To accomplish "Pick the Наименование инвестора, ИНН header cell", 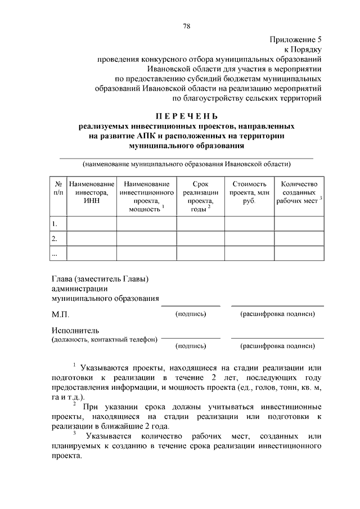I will pos(92,193).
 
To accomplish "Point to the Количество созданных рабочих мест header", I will pos(299,193).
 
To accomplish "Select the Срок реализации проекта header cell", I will pos(200,197).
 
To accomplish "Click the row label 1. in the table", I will pos(55,224).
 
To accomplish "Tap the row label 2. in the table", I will pos(55,239).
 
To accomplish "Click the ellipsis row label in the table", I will pos(55,254).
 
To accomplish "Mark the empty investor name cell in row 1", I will pos(92,224).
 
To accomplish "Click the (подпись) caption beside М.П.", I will pos(191,313).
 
